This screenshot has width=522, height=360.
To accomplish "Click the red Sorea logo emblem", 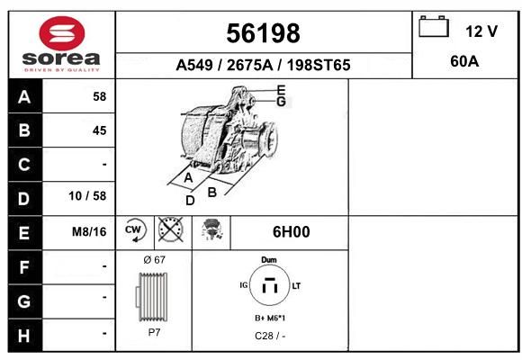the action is (x=62, y=33).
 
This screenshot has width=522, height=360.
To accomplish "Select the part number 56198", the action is (x=263, y=33).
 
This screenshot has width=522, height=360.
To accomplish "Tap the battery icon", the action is (x=434, y=26).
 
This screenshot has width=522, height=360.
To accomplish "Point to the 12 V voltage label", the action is (x=481, y=31).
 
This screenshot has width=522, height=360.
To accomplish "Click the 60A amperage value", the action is (x=464, y=61).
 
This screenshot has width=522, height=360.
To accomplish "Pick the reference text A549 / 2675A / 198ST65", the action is (x=263, y=65).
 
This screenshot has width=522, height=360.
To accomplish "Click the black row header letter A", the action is (x=24, y=97).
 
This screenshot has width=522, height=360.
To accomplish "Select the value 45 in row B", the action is (x=100, y=130).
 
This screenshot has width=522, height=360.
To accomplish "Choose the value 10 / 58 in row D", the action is (x=87, y=196).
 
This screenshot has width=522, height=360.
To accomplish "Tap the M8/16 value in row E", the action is (x=89, y=232).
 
